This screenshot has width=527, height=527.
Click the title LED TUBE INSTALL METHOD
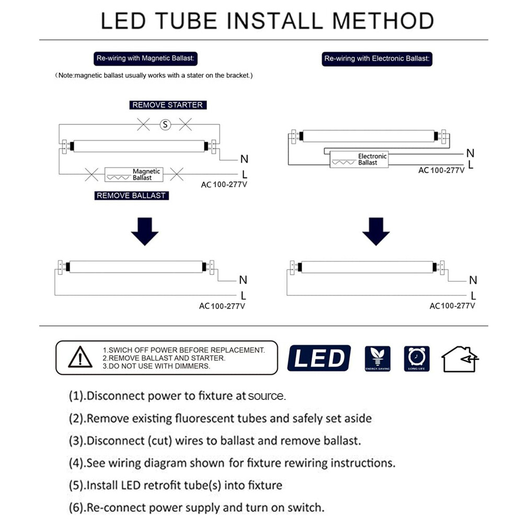coord(267,21)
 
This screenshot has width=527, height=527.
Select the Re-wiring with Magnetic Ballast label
coord(146,58)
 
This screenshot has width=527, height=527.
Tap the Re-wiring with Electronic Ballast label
coord(377,59)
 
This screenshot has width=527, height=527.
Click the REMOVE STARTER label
coord(167,105)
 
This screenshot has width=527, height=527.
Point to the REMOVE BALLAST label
coord(131,196)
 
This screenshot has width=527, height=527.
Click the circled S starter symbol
coord(165,124)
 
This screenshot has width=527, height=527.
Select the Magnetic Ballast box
coord(134,175)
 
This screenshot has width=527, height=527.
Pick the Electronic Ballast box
coord(359,159)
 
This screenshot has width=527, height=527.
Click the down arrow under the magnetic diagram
coord(144,232)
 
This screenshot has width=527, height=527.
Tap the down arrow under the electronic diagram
coord(375,232)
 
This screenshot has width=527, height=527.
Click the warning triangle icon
coord(80,358)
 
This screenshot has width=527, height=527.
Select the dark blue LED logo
coord(318,358)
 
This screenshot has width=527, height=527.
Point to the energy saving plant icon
coord(377,358)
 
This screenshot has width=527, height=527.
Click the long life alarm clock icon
coord(417,358)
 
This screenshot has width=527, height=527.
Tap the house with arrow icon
coord(459,359)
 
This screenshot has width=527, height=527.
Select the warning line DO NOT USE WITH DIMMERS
coord(157,366)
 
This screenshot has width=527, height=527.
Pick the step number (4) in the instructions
coord(76,463)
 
